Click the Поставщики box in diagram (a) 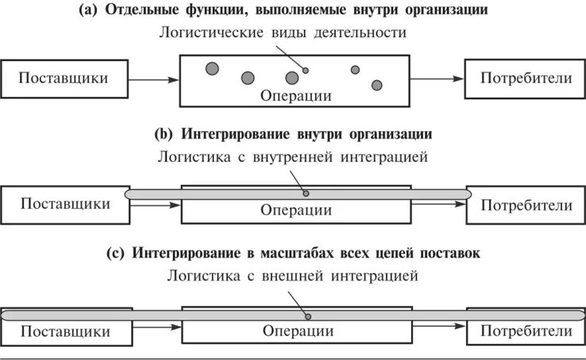[64, 79]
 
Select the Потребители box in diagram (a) [525, 79]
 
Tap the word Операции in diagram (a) [296, 96]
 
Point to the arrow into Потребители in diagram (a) [438, 79]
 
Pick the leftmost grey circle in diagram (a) [211, 68]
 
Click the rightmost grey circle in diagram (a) [376, 85]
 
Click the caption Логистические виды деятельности [283, 33]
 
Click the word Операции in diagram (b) [296, 211]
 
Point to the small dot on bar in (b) [306, 193]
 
